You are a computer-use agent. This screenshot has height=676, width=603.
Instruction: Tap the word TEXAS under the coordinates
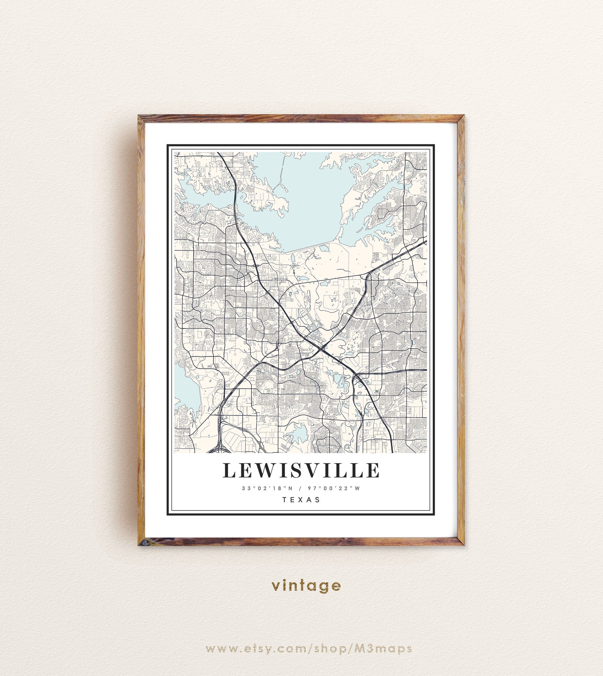click(x=301, y=499)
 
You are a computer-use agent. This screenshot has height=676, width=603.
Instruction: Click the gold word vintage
click(x=306, y=586)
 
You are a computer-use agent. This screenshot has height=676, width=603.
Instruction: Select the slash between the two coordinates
click(x=301, y=488)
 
